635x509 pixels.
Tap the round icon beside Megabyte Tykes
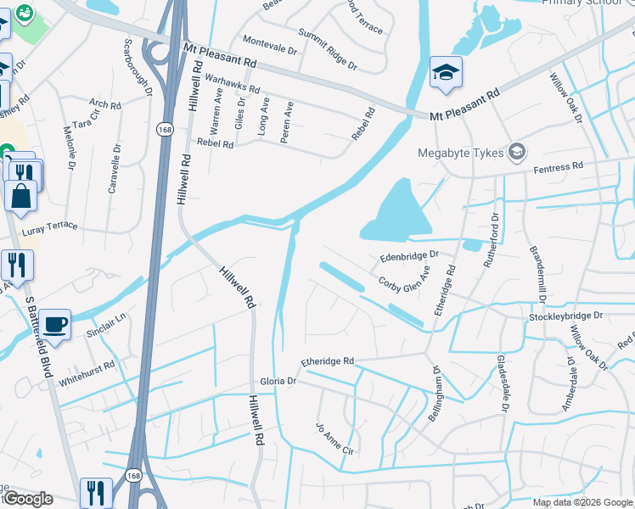click(515, 153)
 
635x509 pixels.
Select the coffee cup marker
click(55, 324)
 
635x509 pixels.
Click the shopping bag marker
click(20, 194)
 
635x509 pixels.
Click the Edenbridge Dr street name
click(408, 254)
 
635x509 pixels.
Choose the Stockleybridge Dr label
click(565, 315)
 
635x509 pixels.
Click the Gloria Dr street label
click(278, 382)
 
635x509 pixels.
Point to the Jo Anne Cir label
click(334, 439)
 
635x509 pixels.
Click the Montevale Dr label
click(270, 45)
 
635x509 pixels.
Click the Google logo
click(27, 499)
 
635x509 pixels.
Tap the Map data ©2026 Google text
click(582, 502)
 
